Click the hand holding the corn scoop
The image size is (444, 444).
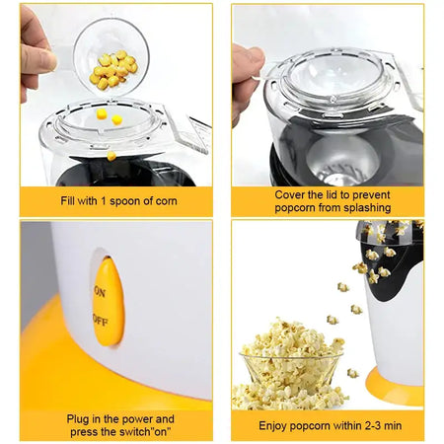37,54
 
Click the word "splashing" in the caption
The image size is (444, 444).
365,208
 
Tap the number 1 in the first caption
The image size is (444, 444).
103,200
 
